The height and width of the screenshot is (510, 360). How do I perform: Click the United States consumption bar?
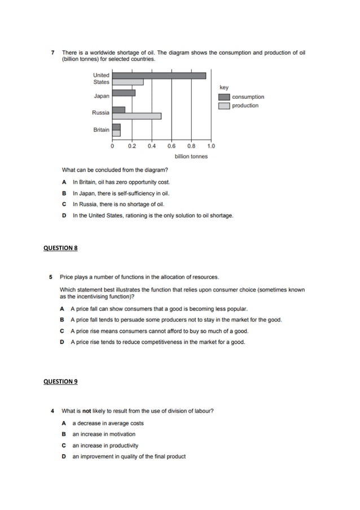[x=159, y=75]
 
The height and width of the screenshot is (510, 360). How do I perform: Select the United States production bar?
[x=128, y=82]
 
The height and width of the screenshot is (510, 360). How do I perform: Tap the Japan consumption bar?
[x=124, y=93]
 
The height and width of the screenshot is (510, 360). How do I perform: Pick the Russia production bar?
[x=137, y=116]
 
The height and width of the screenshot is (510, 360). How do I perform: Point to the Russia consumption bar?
[x=118, y=110]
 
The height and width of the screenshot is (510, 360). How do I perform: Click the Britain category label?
[x=102, y=130]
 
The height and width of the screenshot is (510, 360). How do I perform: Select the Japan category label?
[x=102, y=96]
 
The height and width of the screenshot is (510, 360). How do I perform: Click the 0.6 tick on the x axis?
[x=172, y=146]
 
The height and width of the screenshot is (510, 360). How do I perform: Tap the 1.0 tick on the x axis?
[x=211, y=146]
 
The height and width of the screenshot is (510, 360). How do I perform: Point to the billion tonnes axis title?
[x=191, y=156]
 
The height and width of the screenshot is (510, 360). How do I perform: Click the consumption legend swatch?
[x=223, y=97]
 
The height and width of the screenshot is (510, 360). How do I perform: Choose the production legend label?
[x=245, y=106]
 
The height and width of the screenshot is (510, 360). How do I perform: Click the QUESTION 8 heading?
[x=60, y=248]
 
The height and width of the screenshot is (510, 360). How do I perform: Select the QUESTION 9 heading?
[x=60, y=382]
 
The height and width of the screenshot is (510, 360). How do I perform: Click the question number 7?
[x=52, y=53]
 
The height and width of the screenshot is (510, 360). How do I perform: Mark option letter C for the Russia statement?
[x=64, y=204]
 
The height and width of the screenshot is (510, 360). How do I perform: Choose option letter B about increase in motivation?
[x=64, y=434]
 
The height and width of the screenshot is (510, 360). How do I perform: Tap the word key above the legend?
[x=224, y=88]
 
